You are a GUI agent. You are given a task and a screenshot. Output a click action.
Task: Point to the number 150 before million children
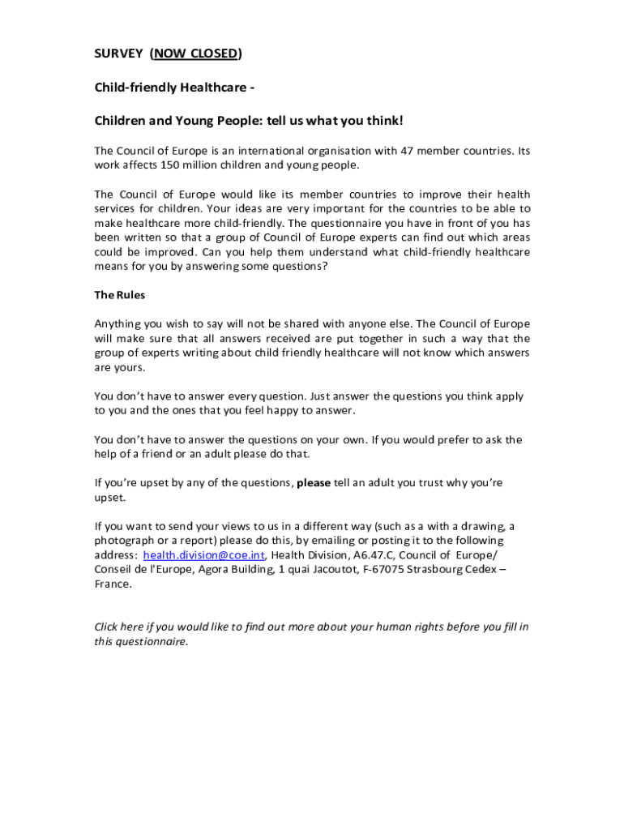(181, 165)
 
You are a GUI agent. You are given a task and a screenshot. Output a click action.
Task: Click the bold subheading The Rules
(120, 295)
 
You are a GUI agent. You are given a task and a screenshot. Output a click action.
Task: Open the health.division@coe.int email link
(205, 555)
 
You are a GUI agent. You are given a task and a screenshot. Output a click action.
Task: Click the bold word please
(314, 483)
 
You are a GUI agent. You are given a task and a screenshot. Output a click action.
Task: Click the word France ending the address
(112, 584)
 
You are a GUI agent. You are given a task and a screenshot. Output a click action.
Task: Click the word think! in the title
(381, 121)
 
